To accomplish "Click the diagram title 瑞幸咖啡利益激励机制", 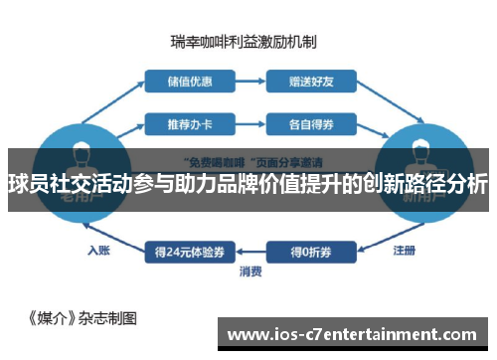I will [243, 42].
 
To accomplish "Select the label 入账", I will [97, 250].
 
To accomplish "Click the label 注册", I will [404, 250].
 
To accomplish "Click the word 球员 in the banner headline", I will [31, 184].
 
